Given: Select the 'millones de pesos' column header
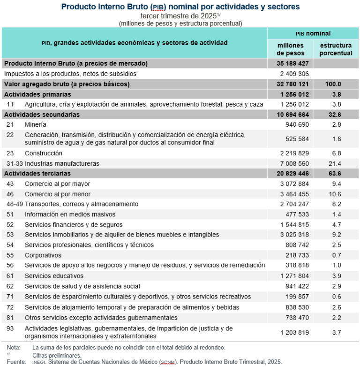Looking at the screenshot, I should click(290, 49).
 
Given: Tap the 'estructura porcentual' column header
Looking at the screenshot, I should click(336, 49).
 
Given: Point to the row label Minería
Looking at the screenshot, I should click(35, 124).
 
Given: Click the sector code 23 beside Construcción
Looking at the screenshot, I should click(10, 153).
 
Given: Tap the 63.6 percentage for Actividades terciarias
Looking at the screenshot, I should click(336, 174).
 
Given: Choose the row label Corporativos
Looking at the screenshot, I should click(43, 255).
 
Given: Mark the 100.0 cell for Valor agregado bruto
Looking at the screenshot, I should click(336, 84).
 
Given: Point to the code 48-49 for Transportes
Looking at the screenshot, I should click(14, 204).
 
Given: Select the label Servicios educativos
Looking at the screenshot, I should click(54, 276).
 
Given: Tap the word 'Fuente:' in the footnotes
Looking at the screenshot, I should click(16, 362).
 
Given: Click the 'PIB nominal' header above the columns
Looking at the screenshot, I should click(313, 33).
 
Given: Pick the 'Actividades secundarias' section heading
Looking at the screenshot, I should click(42, 115).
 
